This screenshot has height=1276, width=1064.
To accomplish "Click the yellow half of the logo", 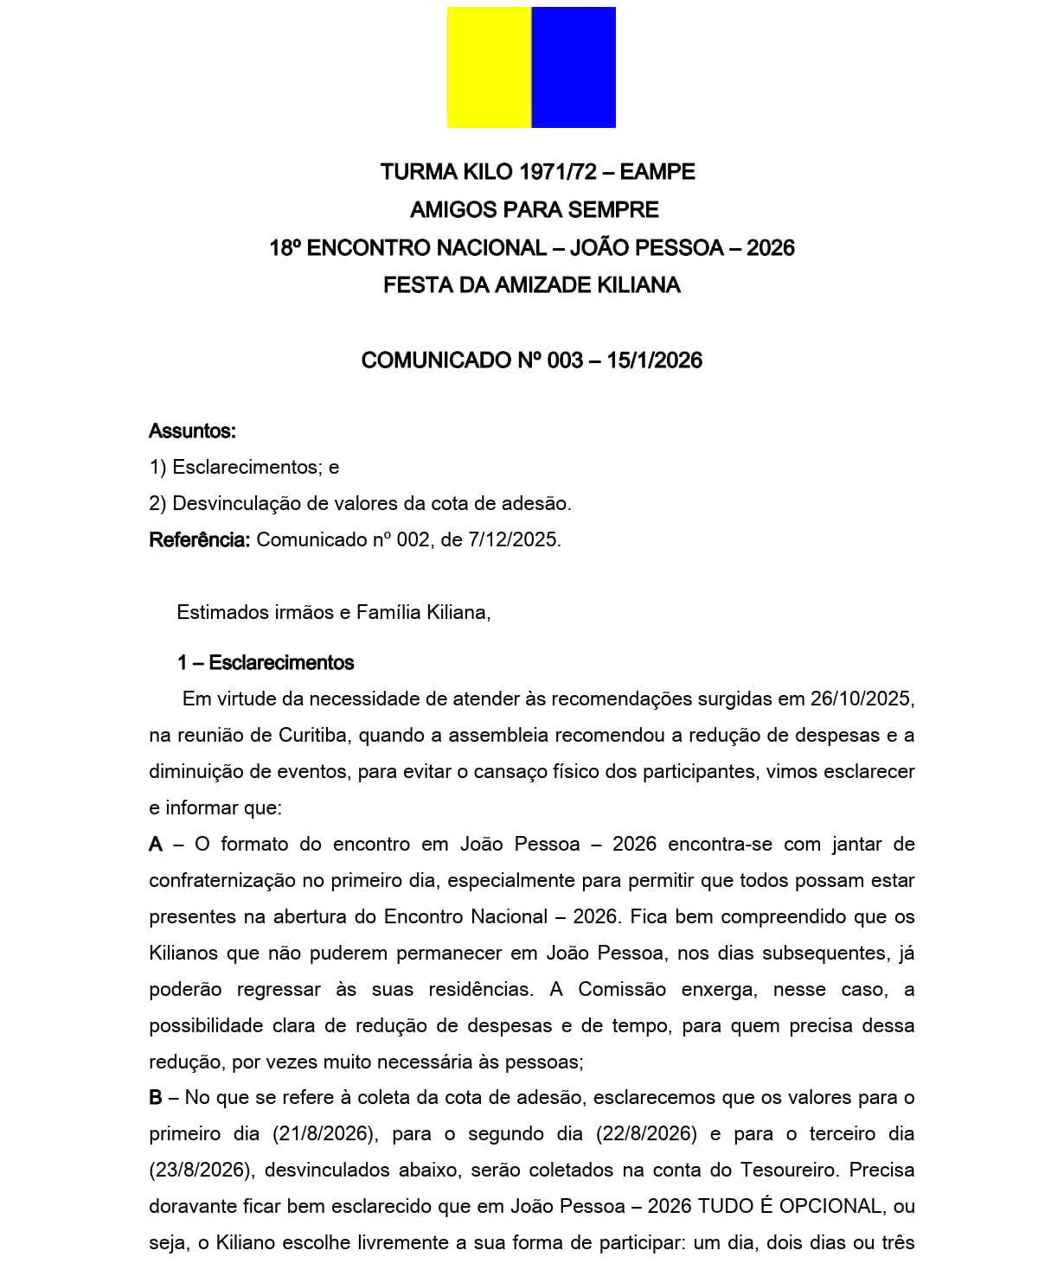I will (x=489, y=67).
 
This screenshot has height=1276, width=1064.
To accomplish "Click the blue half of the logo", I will (x=574, y=67).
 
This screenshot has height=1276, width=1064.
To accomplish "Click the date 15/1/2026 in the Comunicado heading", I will (x=654, y=360).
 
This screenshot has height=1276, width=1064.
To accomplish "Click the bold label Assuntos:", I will (x=192, y=431).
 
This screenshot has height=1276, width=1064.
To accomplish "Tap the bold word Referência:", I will (x=199, y=540).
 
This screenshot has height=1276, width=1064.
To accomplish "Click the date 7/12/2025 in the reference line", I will (x=513, y=540).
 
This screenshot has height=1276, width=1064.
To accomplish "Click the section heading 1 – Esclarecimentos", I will (x=266, y=663).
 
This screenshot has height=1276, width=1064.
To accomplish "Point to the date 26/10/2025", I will (x=862, y=699).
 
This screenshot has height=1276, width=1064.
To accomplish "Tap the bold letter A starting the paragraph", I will (x=156, y=845).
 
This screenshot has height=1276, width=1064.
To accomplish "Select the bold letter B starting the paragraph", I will (x=156, y=1098).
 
